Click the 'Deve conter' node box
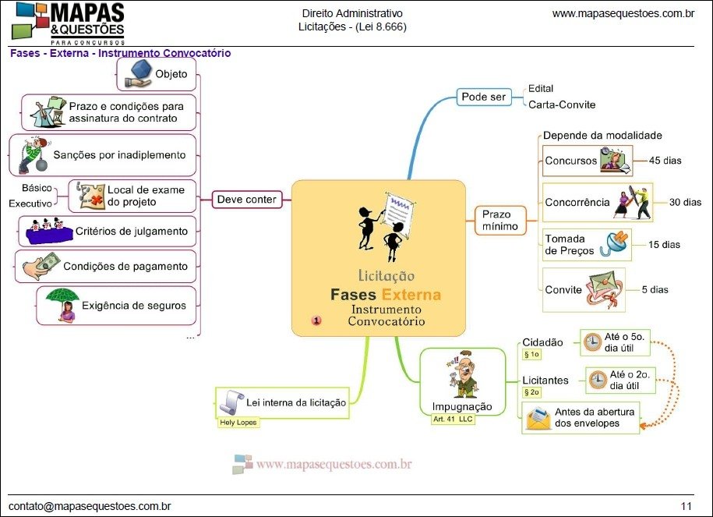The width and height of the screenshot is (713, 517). point(246,200)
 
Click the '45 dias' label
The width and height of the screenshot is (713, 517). point(665,161)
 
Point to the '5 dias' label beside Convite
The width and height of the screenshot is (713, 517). point(655,289)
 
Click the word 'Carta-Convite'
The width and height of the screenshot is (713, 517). point(562,104)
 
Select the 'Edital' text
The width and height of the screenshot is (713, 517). point(541,88)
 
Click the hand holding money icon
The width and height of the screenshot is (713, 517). point(40,266)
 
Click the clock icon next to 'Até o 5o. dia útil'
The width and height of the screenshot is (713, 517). point(592,342)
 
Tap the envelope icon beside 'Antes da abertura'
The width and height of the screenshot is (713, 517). point(538,419)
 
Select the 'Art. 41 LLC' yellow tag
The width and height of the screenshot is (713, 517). point(453,419)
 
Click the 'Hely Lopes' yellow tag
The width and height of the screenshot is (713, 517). point(238,422)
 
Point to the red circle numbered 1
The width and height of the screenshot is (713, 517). point(316,320)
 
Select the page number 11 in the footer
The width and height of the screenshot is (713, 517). point(686,506)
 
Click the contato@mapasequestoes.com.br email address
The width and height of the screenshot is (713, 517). point(90,506)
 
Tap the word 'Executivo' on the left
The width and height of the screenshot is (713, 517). point(30,203)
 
